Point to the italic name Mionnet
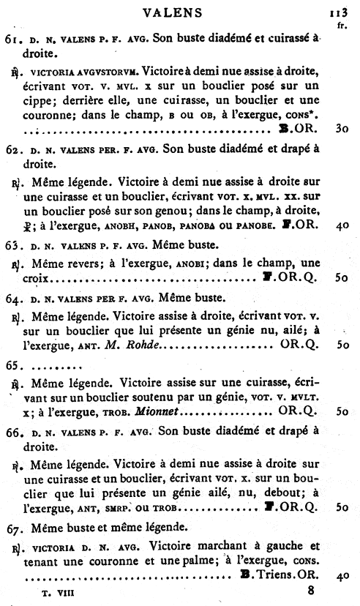coord(162,411)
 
